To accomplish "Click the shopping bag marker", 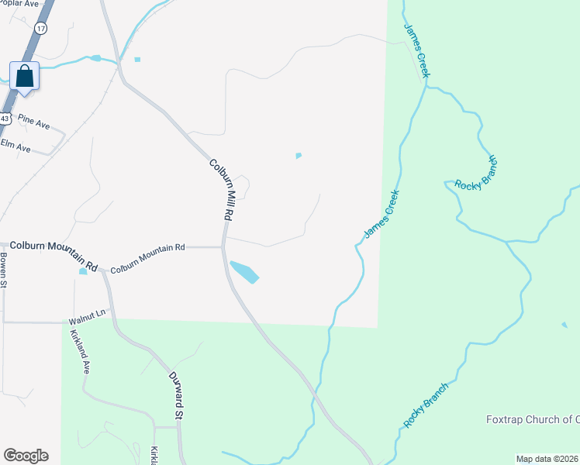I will [24, 77].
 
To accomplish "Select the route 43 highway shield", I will [5, 119].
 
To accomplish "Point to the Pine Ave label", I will [33, 122].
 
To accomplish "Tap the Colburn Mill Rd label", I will [221, 188].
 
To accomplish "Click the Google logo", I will [26, 456].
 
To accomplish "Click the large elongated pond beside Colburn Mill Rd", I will [244, 272].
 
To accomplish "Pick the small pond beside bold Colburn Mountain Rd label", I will [83, 271].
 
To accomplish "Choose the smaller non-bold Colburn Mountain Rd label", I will [147, 248].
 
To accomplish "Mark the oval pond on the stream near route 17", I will [95, 58].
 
